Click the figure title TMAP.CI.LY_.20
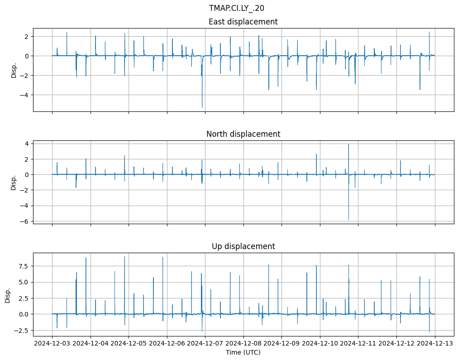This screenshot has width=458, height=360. click(236, 8)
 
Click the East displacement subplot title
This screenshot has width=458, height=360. click(243, 22)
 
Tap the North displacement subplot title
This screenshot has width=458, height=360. click(243, 134)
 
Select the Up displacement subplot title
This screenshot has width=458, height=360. click(243, 246)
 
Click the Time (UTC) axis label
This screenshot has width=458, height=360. click(243, 352)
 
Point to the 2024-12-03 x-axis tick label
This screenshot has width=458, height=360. click(52, 343)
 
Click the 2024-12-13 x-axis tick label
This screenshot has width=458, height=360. click(435, 343)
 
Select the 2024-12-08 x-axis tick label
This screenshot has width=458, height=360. click(243, 343)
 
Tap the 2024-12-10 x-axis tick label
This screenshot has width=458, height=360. click(320, 343)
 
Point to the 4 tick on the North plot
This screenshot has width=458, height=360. click(27, 144)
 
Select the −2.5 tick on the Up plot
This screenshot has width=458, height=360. click(21, 331)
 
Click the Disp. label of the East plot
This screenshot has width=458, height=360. click(14, 70)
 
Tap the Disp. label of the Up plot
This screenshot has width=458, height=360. click(8, 295)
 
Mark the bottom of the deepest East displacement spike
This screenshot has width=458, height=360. click(202, 107)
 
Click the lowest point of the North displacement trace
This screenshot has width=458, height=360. click(348, 220)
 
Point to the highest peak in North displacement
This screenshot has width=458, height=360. click(348, 144)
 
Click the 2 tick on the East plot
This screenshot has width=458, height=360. click(27, 36)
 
